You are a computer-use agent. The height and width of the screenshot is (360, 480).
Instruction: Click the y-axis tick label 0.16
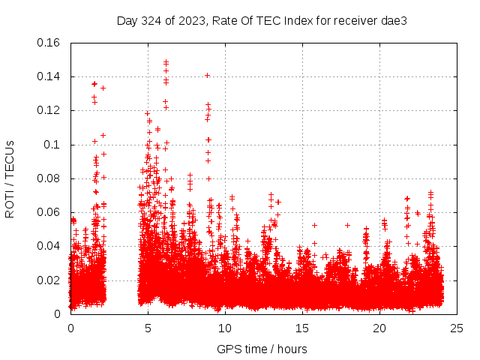[49, 43]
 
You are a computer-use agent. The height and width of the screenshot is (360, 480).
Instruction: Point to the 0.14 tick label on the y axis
[49, 76]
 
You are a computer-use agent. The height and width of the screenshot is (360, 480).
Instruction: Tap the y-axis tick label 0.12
[49, 110]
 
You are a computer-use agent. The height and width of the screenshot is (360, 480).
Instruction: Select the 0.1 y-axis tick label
[53, 145]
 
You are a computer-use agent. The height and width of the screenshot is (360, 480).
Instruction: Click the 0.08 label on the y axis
[49, 178]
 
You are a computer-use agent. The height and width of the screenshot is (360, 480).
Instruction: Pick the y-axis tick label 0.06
[49, 212]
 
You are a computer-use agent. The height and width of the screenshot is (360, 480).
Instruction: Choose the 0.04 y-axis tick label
[49, 246]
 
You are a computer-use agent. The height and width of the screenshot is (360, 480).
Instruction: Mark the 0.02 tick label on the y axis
[49, 280]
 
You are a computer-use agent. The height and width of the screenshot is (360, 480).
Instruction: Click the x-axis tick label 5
[148, 328]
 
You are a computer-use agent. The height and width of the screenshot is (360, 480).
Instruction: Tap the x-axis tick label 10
[225, 328]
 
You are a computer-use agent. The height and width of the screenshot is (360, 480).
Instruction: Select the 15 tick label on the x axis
[302, 328]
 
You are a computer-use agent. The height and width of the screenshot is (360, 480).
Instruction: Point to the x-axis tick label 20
[379, 328]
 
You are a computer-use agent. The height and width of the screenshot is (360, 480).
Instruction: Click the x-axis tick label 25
[457, 328]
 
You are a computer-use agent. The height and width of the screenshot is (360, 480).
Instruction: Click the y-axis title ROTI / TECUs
[10, 178]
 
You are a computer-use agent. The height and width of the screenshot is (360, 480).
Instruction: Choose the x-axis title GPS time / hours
[262, 349]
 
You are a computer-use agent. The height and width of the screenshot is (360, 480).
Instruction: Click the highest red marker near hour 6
[166, 61]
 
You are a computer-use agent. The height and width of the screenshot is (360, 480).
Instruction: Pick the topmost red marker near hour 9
[207, 75]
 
